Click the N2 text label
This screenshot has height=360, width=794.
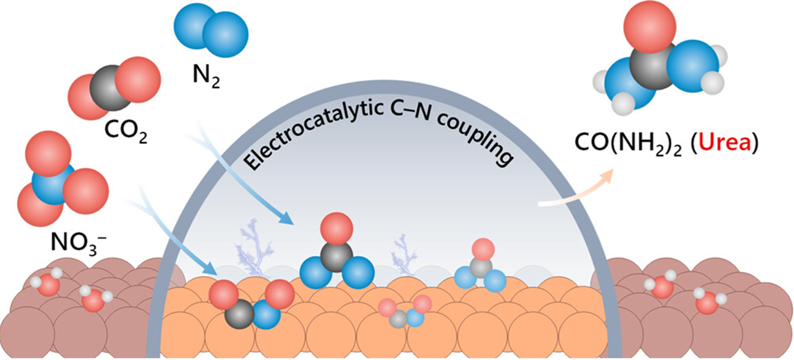207,78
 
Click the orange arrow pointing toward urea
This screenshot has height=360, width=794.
574,192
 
